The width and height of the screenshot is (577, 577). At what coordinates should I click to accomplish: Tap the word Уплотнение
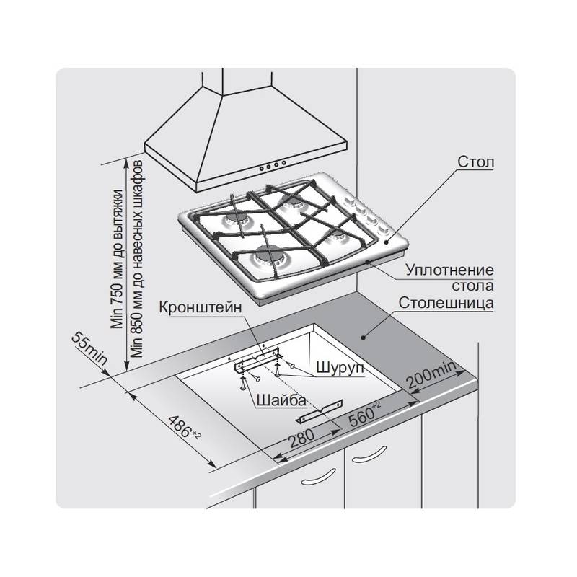449,270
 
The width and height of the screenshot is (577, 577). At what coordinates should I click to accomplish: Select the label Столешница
446,303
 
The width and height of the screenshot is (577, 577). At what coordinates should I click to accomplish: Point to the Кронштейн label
201,308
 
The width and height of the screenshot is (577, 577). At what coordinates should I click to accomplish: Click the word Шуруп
340,368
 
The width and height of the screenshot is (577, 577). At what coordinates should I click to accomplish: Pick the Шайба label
281,400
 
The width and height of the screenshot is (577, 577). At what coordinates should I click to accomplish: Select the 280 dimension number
301,439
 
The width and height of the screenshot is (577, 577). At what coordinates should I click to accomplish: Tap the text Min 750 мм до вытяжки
118,259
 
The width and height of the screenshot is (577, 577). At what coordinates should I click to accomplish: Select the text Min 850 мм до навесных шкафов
137,259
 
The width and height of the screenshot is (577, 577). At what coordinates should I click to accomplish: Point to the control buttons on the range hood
273,165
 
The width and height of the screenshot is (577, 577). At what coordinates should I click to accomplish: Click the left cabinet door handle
317,477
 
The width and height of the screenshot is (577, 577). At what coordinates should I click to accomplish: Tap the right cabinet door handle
369,454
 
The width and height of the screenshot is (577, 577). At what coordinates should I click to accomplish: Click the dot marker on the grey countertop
363,337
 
